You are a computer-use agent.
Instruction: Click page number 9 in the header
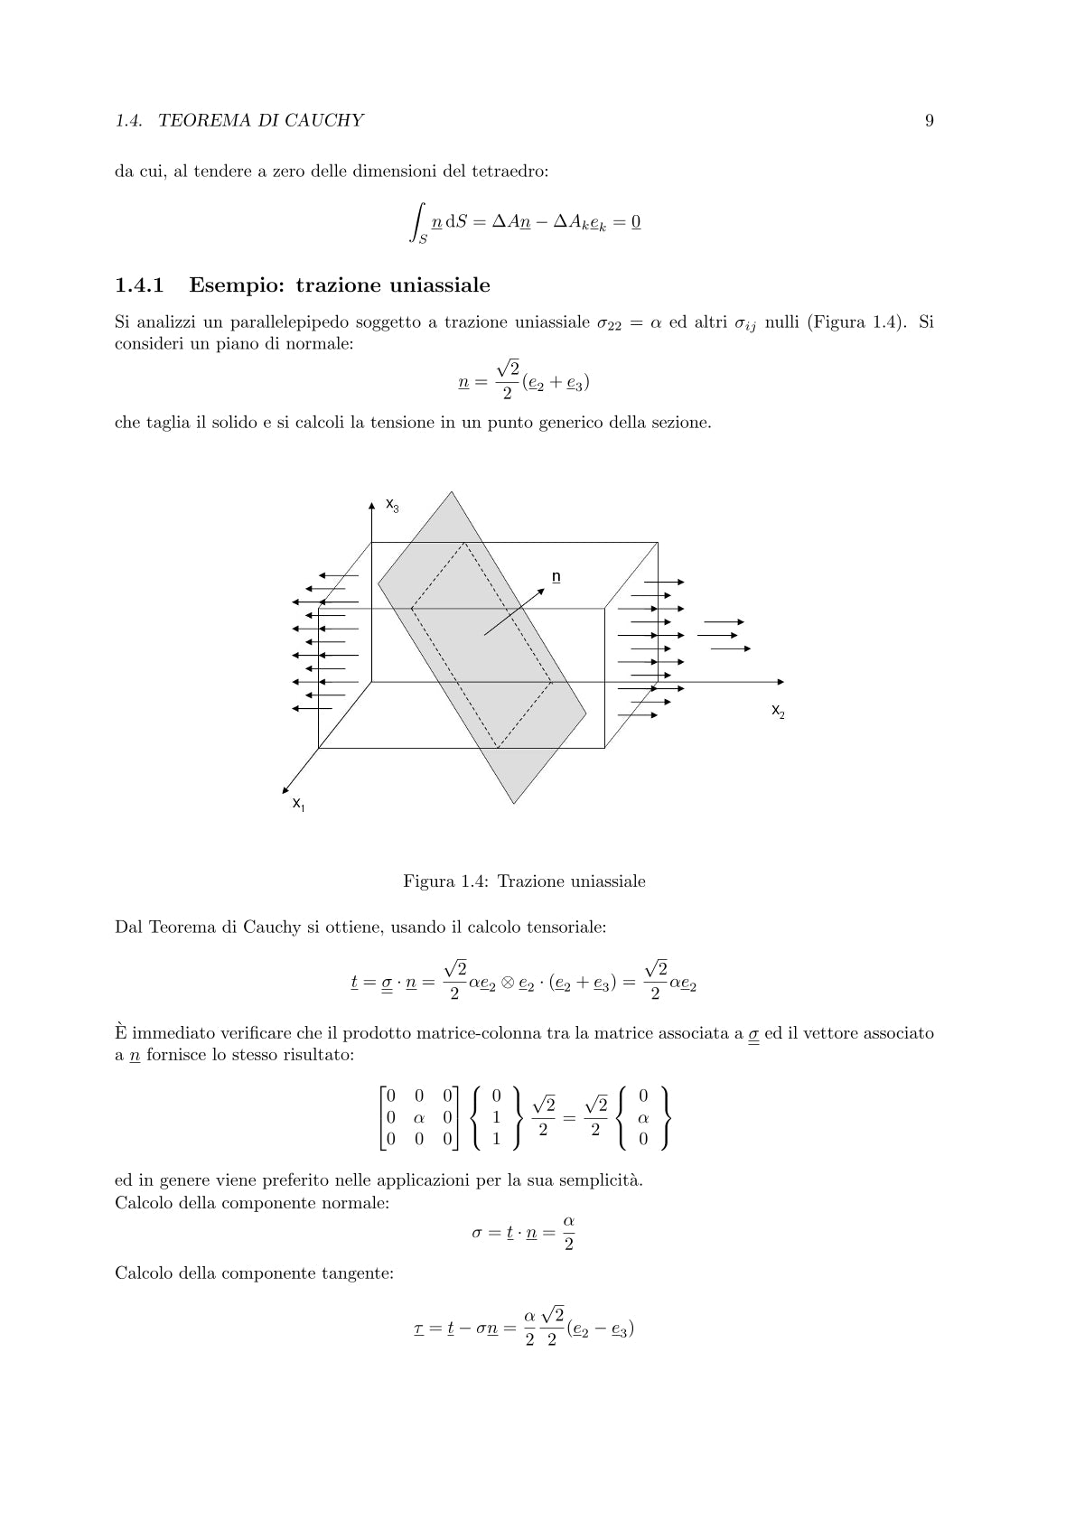click(929, 121)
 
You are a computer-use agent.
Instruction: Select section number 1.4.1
click(139, 286)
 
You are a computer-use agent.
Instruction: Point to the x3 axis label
click(392, 505)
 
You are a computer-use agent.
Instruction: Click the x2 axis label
click(777, 711)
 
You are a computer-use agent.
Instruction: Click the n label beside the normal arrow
click(556, 576)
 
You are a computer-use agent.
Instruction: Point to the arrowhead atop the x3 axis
click(372, 507)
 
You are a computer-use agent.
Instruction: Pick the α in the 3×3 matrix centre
click(418, 1118)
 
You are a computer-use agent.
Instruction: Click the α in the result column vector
click(643, 1118)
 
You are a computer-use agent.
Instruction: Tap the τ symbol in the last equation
click(419, 1329)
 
